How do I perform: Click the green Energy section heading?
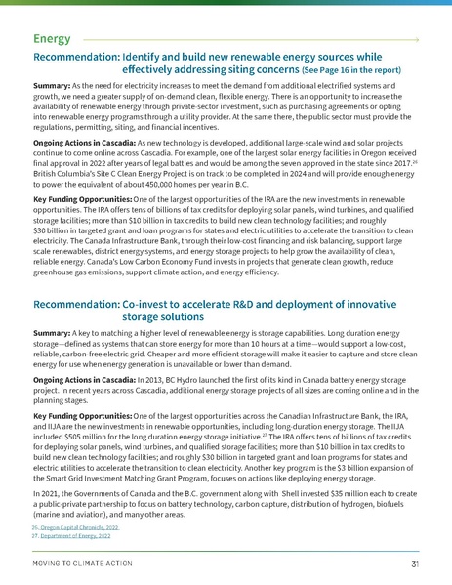(x=50, y=39)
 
